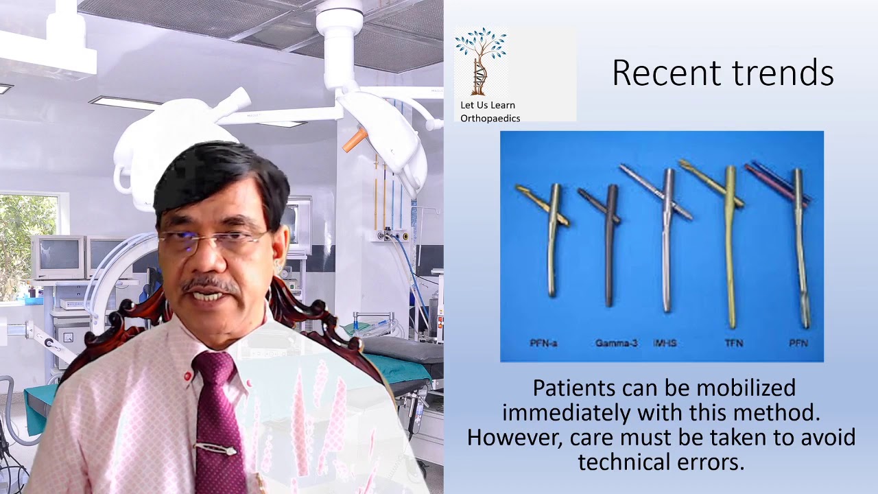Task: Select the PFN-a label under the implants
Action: (x=543, y=343)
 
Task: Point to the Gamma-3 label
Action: (x=616, y=343)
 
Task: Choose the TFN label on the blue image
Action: (x=733, y=342)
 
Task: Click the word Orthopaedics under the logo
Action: (x=490, y=118)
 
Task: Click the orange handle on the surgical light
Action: (x=355, y=139)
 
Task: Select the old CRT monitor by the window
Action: (x=58, y=257)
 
